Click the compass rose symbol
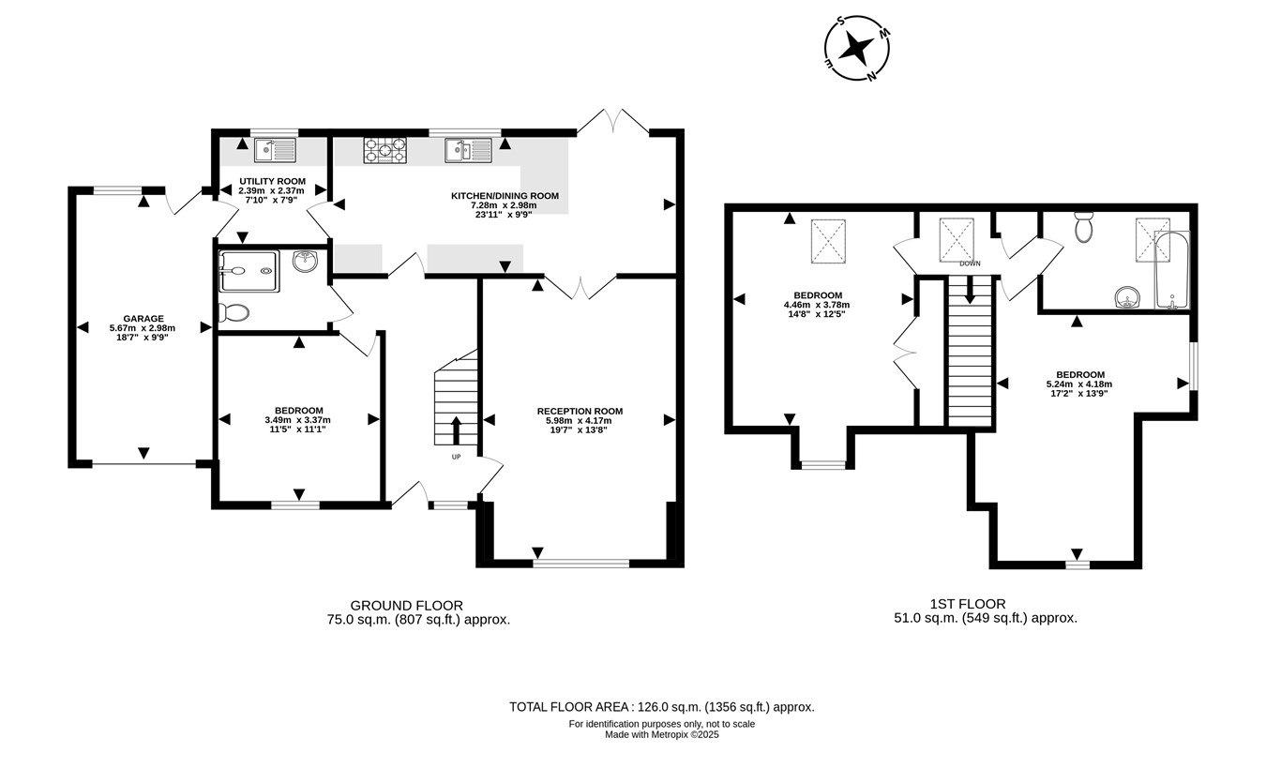(856, 48)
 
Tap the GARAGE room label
(143, 319)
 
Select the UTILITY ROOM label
(272, 182)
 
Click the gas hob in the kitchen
(384, 150)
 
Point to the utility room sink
(276, 150)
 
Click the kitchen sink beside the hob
(469, 150)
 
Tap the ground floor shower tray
(249, 271)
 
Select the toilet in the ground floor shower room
(234, 311)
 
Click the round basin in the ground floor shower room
(306, 261)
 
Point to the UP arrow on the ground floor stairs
(456, 430)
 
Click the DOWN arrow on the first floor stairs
(970, 290)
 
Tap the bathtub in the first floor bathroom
(1172, 270)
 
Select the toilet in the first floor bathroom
(1083, 227)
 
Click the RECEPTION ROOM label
(580, 412)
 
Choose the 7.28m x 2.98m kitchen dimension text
(504, 205)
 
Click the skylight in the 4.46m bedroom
(829, 241)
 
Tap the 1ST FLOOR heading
(968, 604)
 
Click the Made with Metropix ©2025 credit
(662, 735)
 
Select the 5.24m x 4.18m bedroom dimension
(1079, 384)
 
